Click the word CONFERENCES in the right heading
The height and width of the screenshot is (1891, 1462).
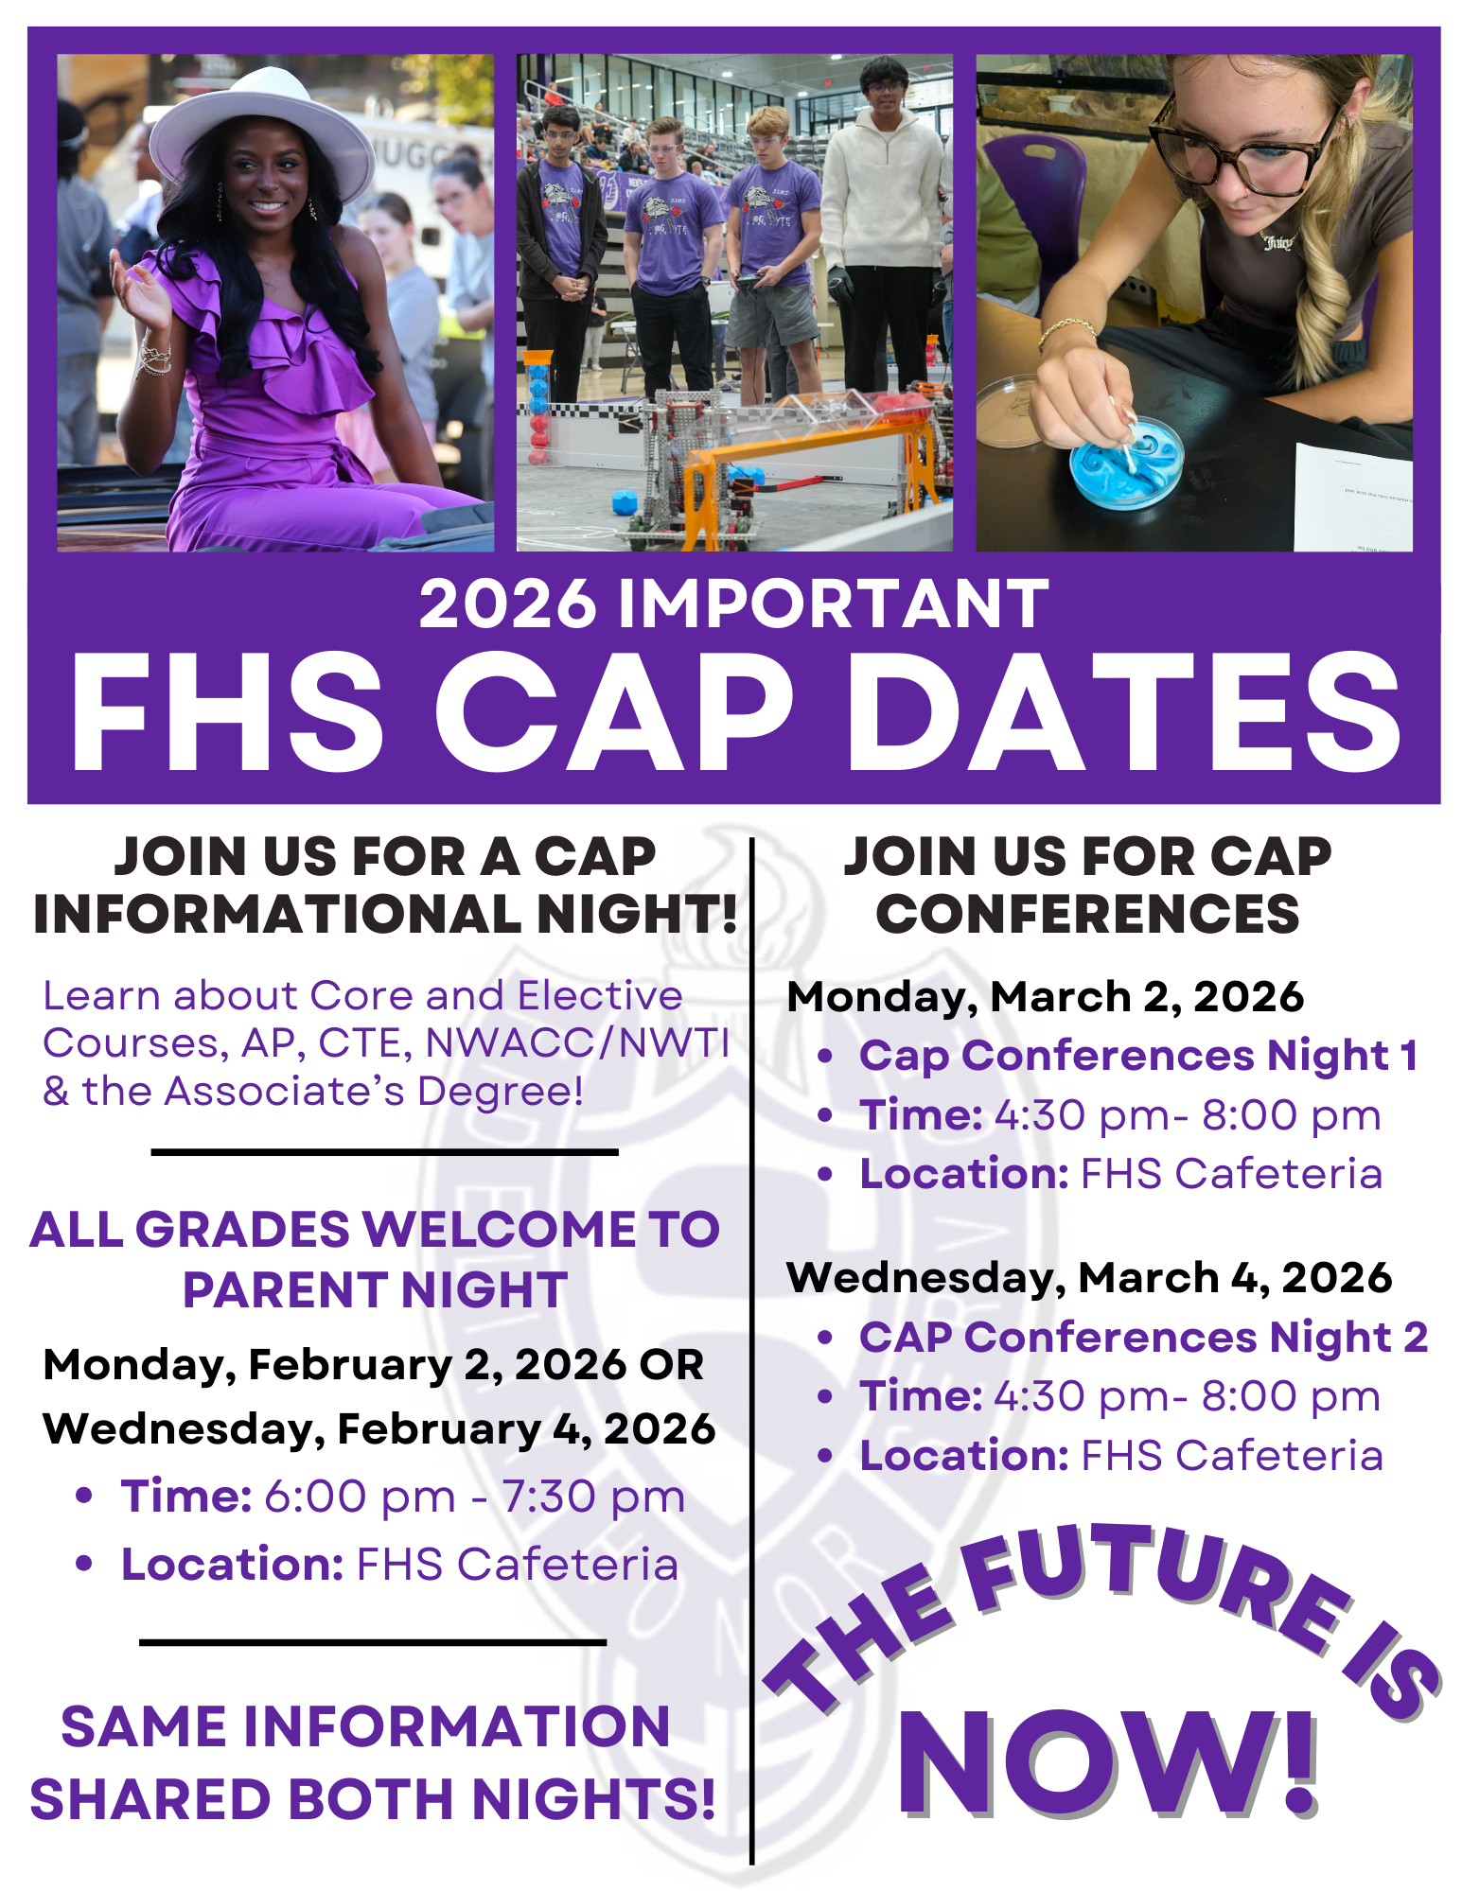1087,914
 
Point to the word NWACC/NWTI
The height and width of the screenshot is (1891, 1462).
577,1043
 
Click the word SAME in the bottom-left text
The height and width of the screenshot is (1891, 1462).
145,1727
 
